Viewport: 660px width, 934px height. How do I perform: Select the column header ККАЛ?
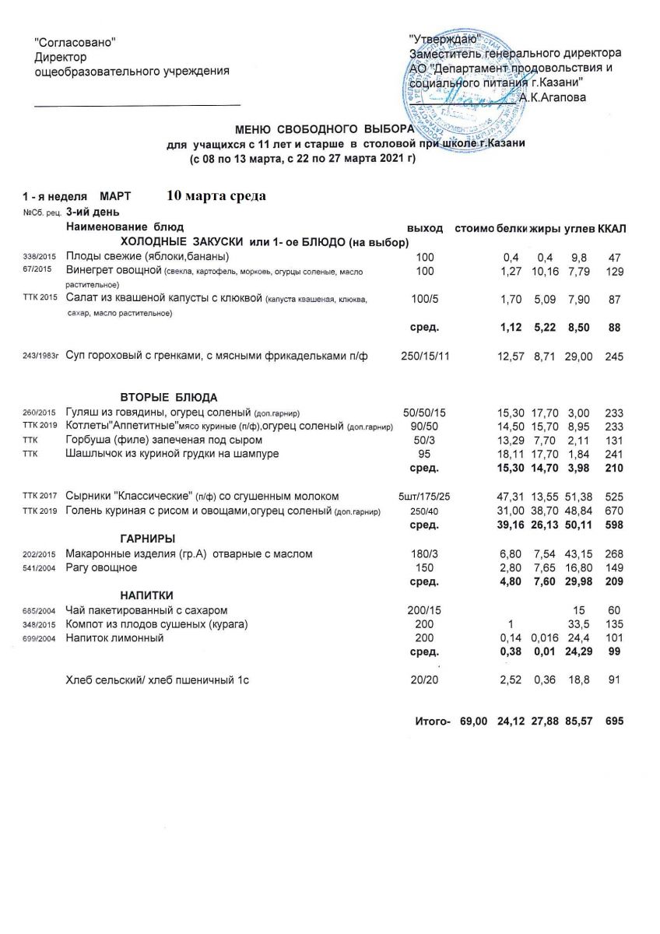(x=613, y=228)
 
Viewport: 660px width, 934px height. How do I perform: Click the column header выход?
(x=425, y=228)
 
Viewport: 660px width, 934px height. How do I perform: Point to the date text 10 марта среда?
(x=216, y=195)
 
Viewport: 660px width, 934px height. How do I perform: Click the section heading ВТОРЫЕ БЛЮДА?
(x=169, y=397)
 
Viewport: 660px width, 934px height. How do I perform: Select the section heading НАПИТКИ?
(x=147, y=595)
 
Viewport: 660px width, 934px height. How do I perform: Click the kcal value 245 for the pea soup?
(x=614, y=356)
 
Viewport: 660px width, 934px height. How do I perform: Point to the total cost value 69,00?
(x=473, y=722)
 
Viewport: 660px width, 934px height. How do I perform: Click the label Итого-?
(x=434, y=722)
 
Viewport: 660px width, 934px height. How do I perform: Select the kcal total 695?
(x=614, y=722)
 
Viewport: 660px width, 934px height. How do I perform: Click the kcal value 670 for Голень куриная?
(x=614, y=511)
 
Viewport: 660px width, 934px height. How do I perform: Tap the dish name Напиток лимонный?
(x=114, y=638)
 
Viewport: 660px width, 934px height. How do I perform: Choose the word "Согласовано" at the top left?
(x=75, y=41)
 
